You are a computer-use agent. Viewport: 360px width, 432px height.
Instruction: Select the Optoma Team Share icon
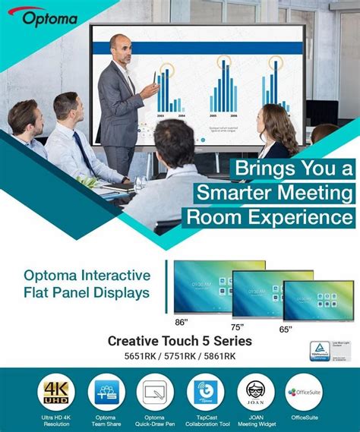[x=106, y=393]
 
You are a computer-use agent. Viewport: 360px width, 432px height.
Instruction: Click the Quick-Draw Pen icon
[x=156, y=393]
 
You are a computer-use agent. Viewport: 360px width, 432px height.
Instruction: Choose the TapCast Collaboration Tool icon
[x=206, y=393]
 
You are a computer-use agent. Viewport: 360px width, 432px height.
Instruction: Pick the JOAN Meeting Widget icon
[x=255, y=393]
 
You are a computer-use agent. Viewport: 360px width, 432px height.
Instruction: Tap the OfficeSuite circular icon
[x=305, y=393]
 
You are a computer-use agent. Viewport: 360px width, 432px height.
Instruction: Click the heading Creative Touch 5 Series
[x=179, y=341]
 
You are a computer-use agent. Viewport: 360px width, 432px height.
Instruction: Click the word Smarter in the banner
[x=232, y=192]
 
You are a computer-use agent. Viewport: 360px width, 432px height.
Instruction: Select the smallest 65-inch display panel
[x=317, y=300]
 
